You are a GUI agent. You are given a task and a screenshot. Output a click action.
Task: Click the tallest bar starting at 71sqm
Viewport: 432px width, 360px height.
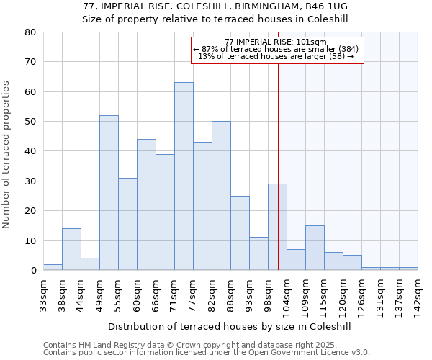point(184,176)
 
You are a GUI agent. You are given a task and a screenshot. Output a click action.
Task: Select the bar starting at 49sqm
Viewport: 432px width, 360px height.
point(109,193)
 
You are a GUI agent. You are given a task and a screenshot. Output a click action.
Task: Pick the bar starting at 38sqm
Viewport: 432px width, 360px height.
point(71,249)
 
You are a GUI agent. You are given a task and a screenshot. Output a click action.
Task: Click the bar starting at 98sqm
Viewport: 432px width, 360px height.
point(277,227)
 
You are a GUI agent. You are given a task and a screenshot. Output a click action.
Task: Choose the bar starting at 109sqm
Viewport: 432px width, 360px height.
point(315,248)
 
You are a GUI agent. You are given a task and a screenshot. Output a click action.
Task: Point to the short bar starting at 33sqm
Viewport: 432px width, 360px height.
point(53,267)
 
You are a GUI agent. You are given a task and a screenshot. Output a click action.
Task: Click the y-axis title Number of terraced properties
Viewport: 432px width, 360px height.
point(6,155)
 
